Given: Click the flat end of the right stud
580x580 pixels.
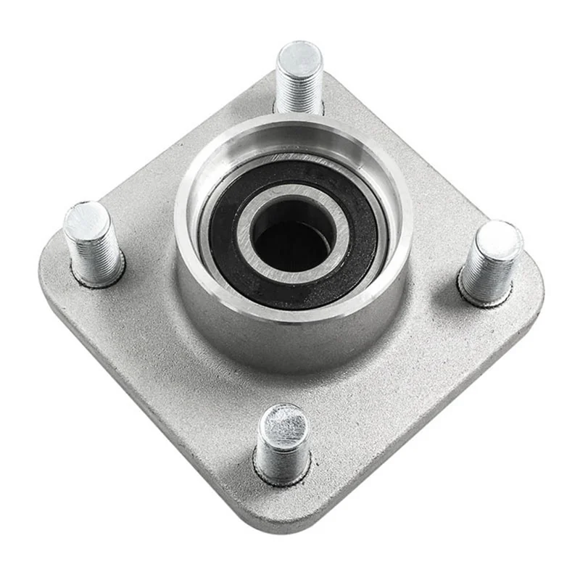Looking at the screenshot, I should pos(500,238).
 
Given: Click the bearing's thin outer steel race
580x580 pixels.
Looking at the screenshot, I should pos(207,217).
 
